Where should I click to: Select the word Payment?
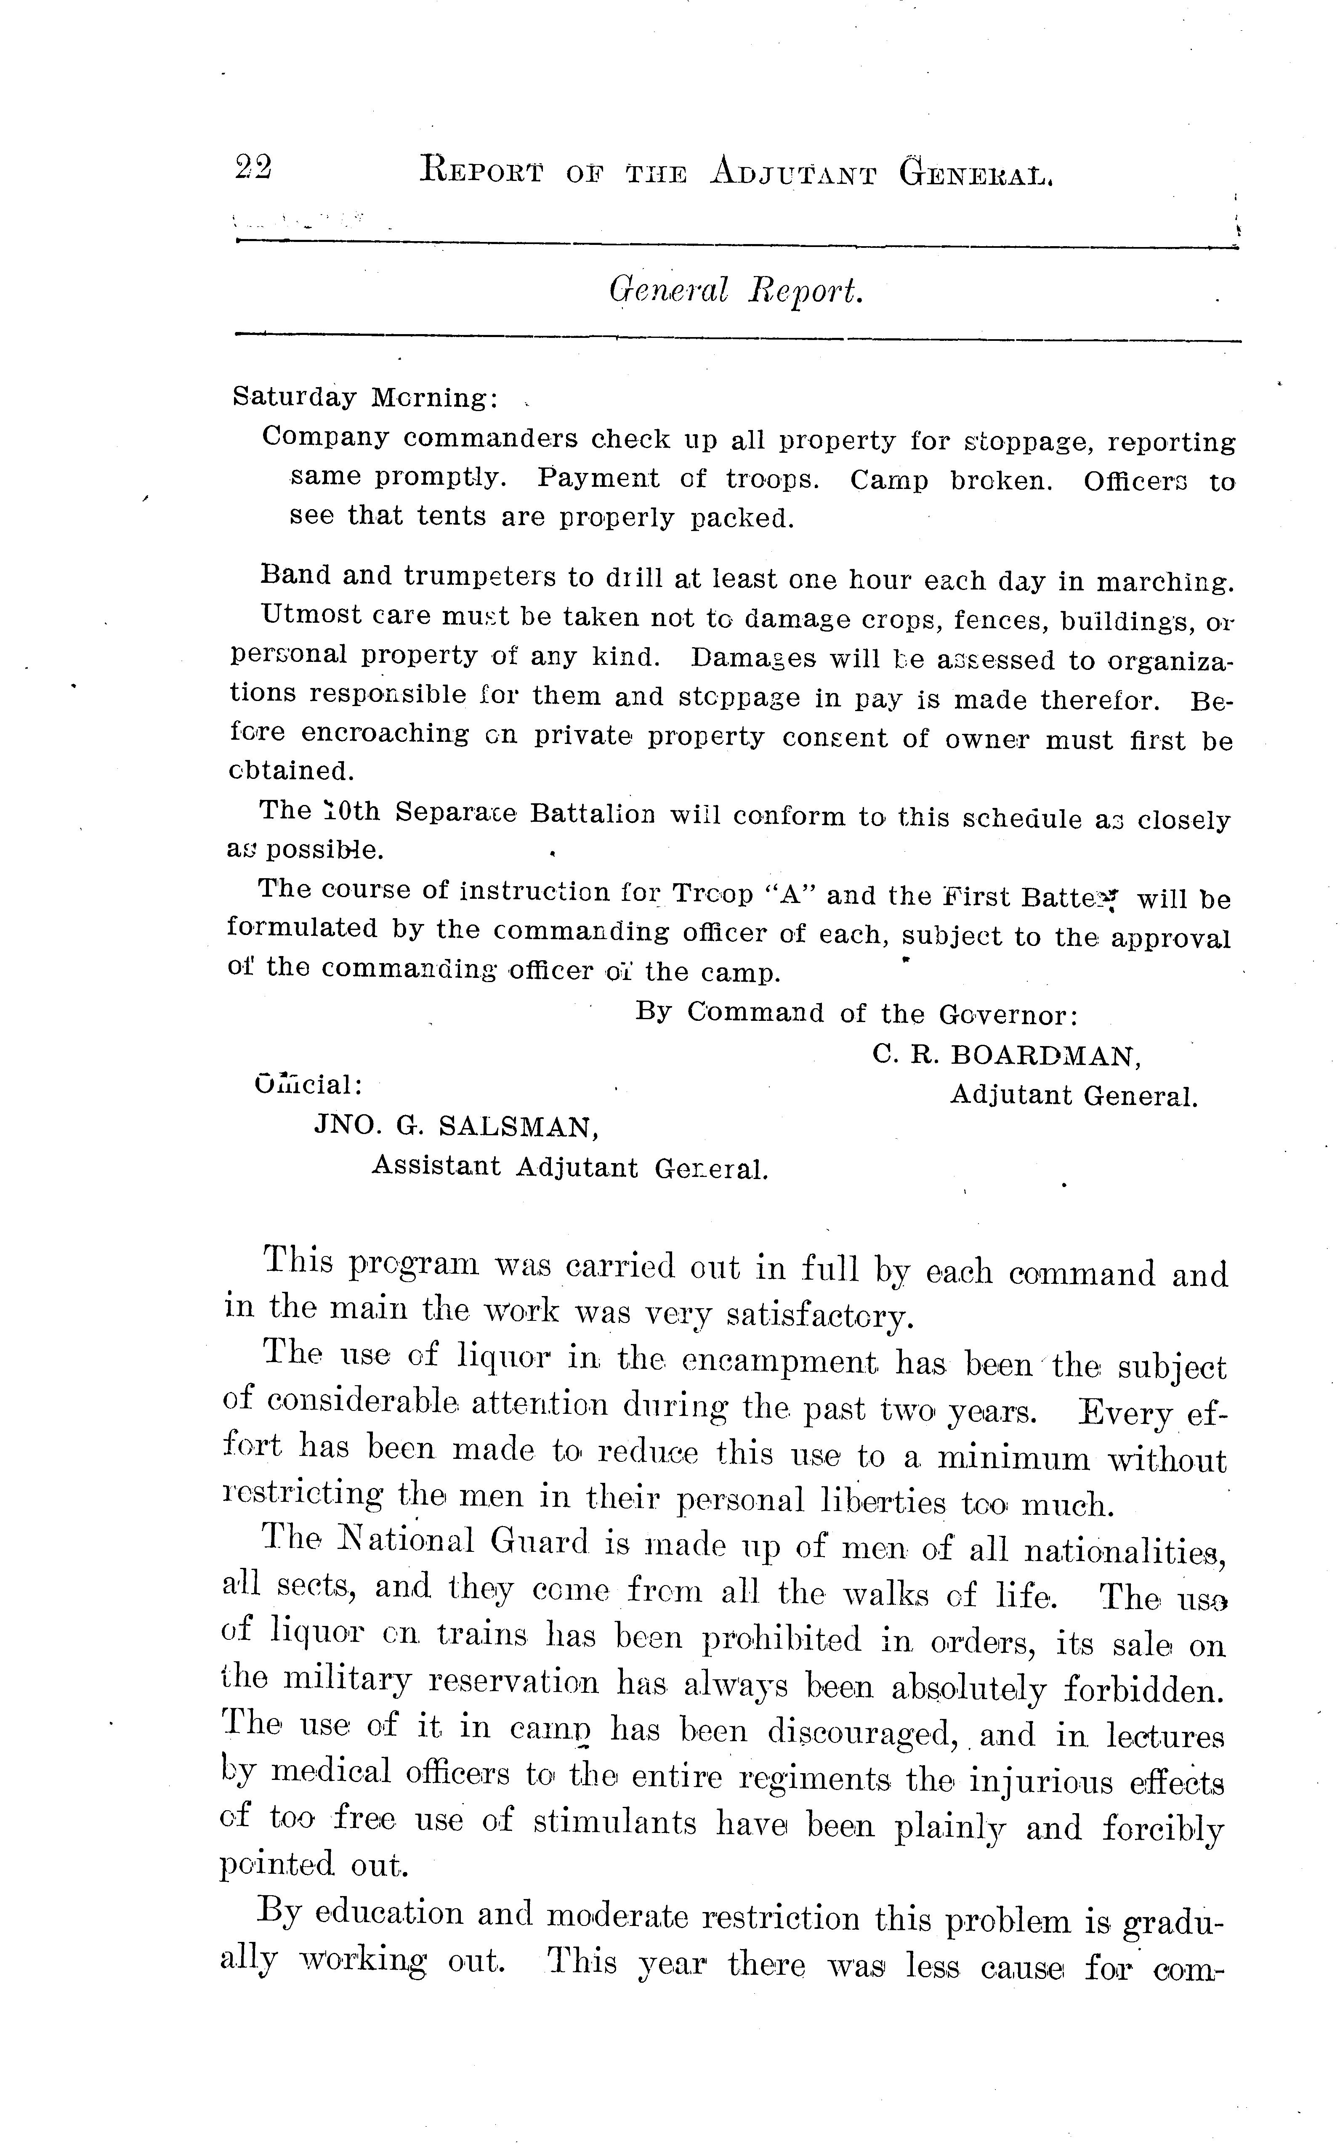(x=598, y=478)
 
